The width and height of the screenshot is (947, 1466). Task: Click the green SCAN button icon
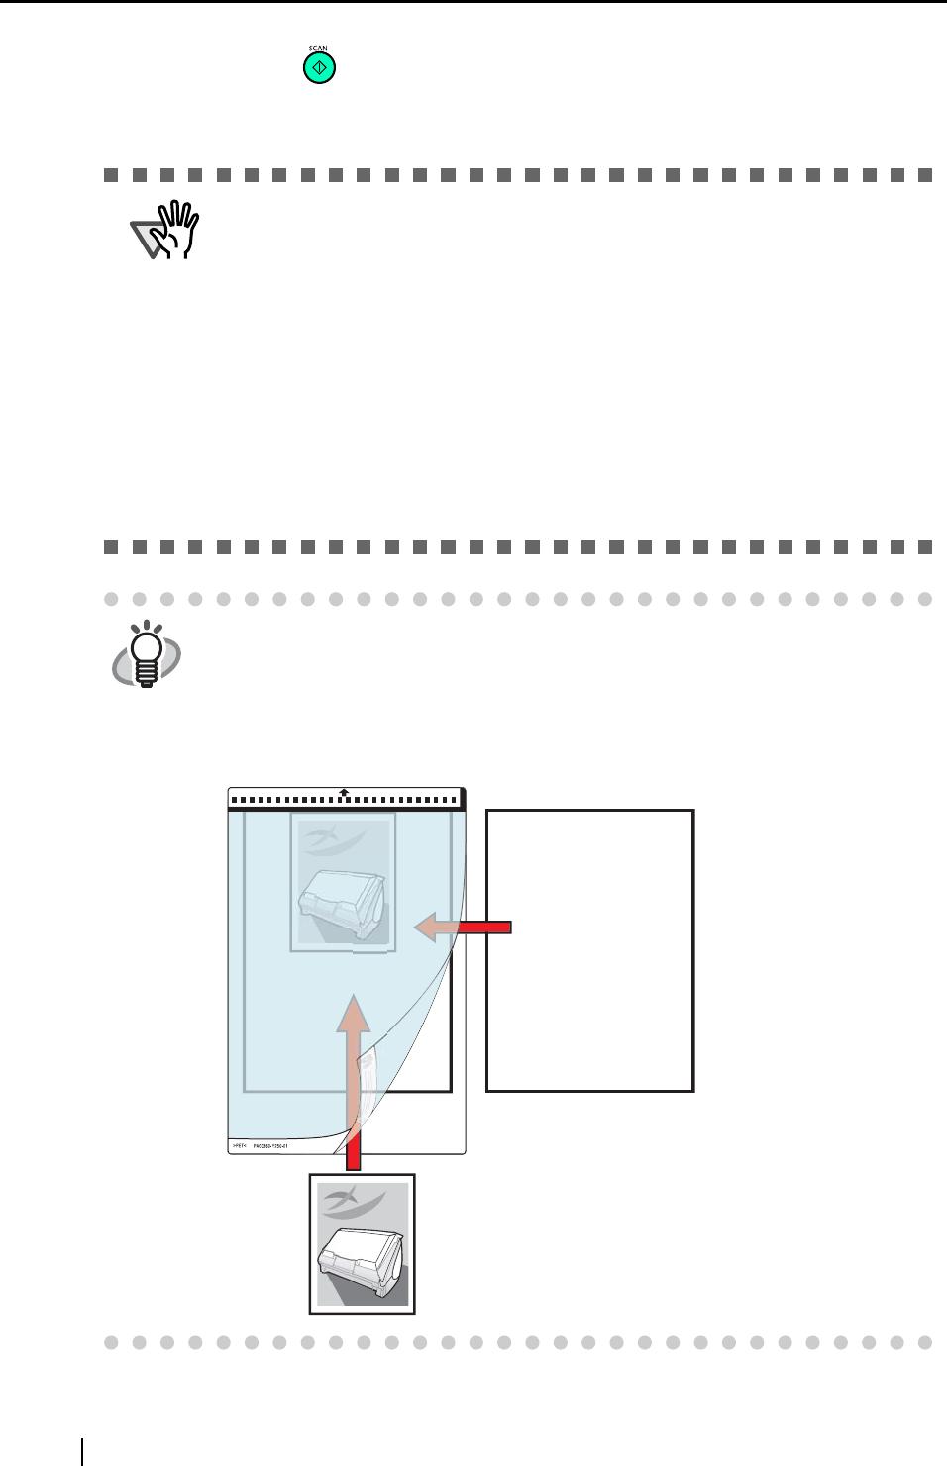[319, 68]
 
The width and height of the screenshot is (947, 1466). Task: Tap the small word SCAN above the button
[318, 49]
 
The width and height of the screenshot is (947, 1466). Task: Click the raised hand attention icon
[166, 231]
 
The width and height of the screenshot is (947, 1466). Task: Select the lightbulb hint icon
[147, 654]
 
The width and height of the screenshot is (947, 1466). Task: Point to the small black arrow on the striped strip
[343, 792]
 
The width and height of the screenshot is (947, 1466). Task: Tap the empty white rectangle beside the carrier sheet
[589, 950]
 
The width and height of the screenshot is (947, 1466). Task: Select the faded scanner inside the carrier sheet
[343, 902]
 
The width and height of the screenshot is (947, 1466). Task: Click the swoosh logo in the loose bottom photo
[353, 1202]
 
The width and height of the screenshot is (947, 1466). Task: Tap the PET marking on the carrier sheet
[239, 1145]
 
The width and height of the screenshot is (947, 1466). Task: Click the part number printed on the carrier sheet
[269, 1145]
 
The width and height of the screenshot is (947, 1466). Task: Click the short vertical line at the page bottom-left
[82, 1451]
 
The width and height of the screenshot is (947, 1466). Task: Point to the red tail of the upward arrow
[353, 1154]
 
